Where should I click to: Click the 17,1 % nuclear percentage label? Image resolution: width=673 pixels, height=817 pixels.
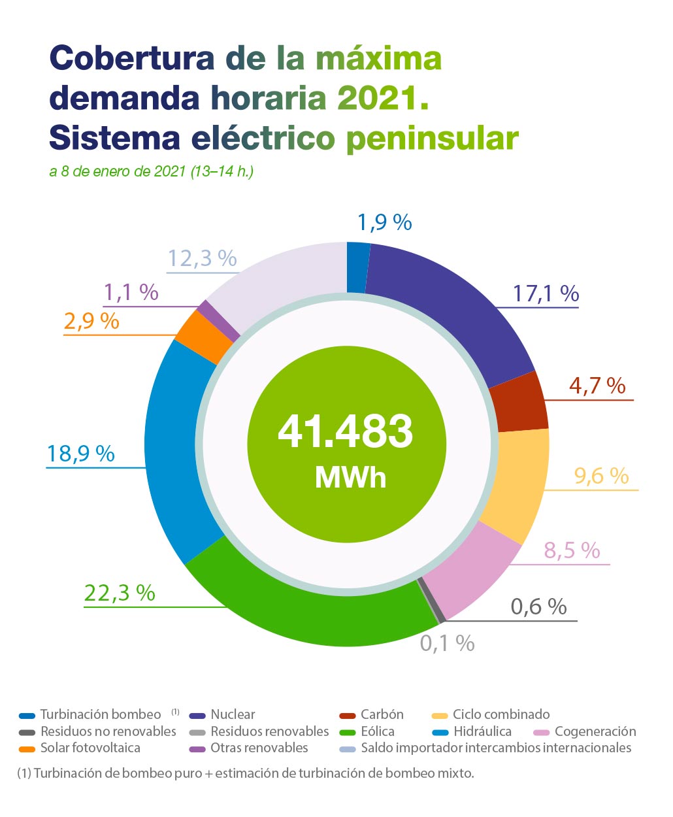[x=546, y=293]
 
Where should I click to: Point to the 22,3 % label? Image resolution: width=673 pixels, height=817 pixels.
[x=120, y=593]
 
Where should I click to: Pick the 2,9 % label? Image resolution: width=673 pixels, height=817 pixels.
[x=91, y=321]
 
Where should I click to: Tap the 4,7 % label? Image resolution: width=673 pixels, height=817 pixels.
[x=597, y=386]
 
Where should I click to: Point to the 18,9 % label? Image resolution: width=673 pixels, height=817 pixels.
[x=80, y=453]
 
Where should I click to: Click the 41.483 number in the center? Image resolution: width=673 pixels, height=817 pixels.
[x=346, y=431]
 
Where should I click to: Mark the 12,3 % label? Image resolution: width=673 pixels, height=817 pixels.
[x=202, y=258]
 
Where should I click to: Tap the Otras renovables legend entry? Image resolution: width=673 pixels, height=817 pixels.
[x=259, y=748]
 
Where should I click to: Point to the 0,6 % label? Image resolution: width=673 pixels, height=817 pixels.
[x=538, y=607]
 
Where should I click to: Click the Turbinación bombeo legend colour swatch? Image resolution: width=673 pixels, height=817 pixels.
[x=27, y=716]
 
